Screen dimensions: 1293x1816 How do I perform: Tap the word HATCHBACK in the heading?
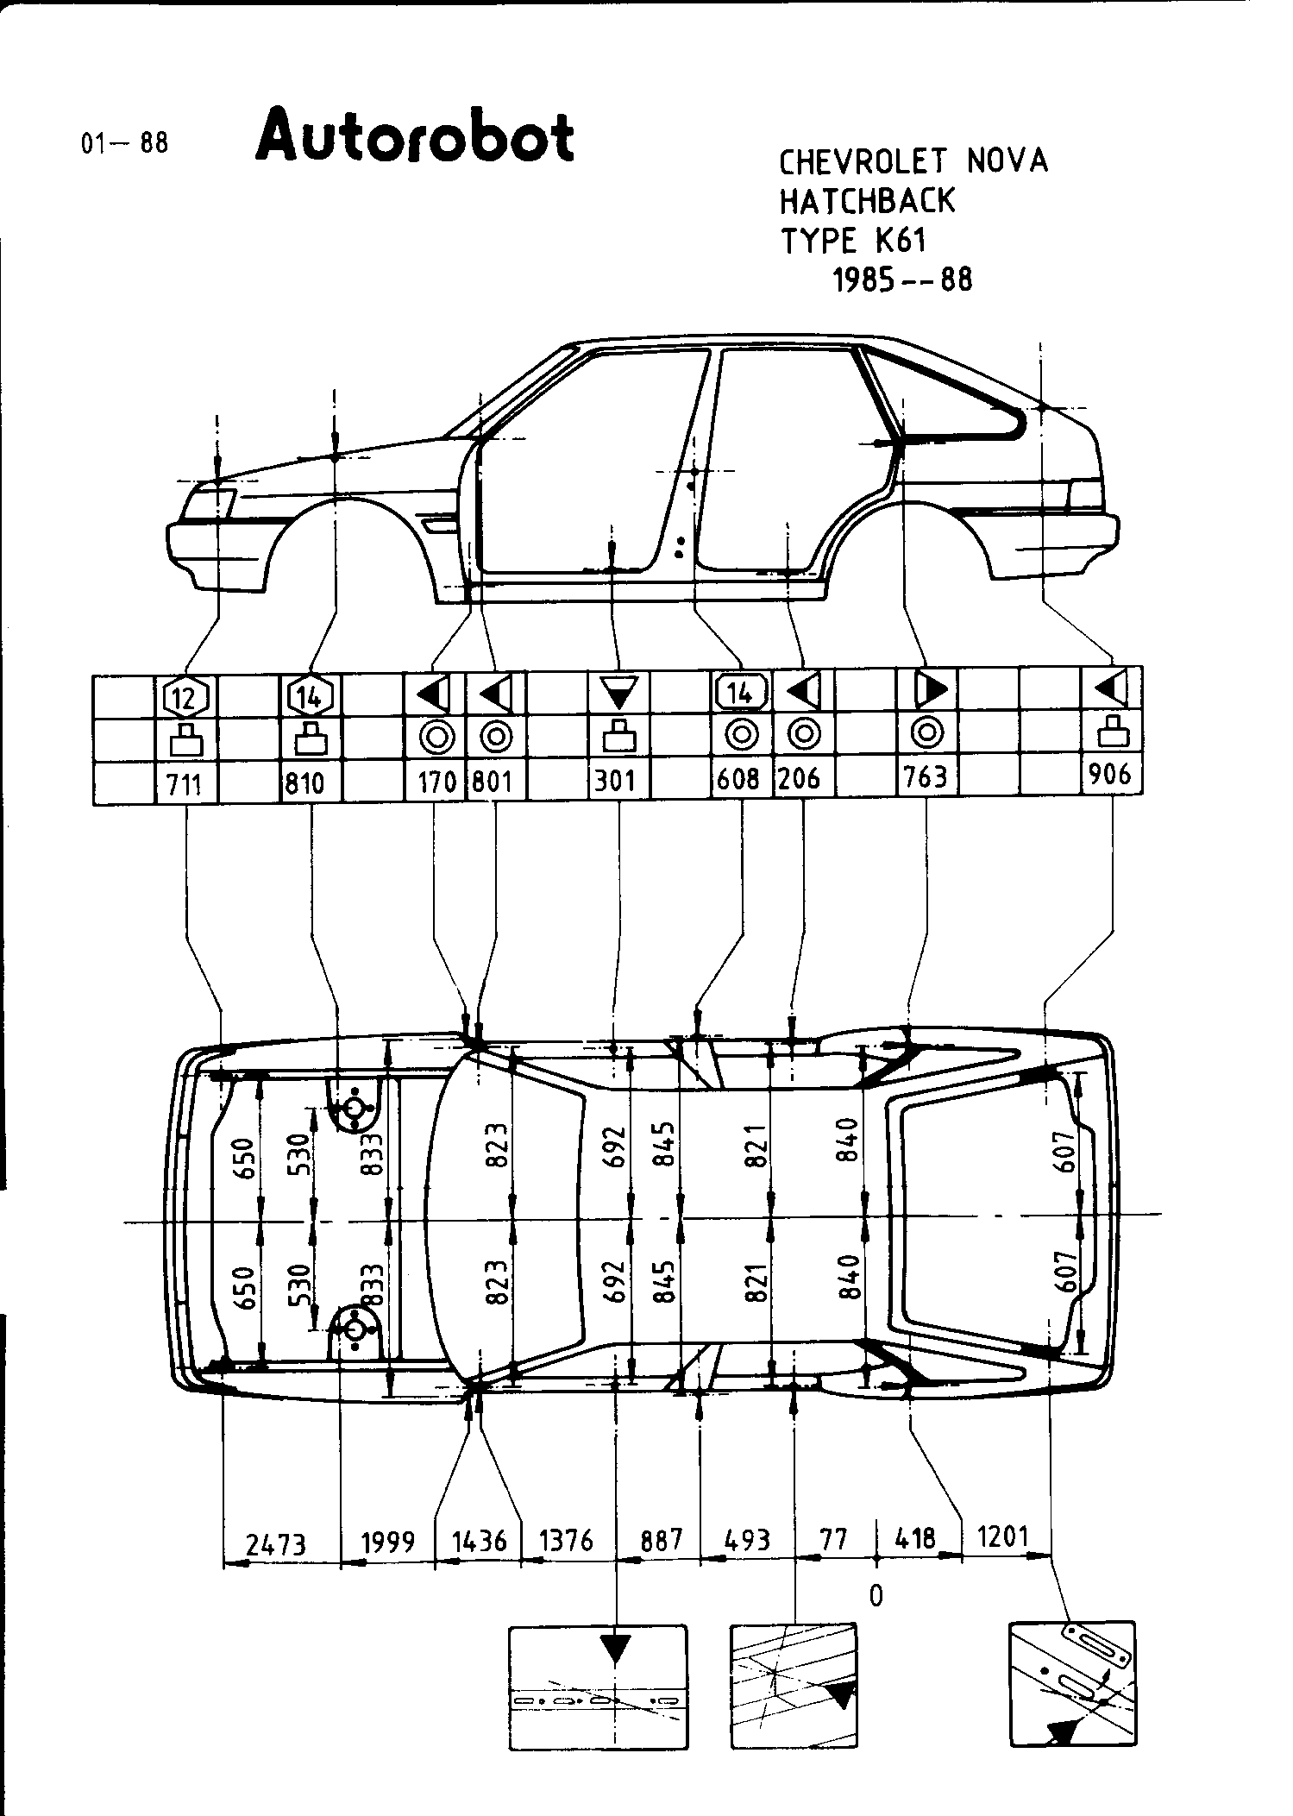(867, 201)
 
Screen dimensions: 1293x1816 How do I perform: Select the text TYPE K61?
(853, 241)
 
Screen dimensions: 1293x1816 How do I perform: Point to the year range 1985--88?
(901, 280)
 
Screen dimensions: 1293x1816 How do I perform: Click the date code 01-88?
(124, 142)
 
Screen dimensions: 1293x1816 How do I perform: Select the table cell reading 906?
(1110, 774)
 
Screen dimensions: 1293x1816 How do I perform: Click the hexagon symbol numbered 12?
(185, 696)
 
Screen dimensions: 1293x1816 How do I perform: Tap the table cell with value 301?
(615, 781)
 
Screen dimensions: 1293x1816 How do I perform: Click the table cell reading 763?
(926, 777)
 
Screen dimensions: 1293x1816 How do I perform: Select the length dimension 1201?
(1004, 1536)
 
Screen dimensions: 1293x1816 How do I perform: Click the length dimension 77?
(833, 1538)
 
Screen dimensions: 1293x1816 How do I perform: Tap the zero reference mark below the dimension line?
(876, 1596)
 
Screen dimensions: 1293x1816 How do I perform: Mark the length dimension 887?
(661, 1540)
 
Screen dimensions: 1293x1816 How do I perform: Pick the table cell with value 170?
(436, 782)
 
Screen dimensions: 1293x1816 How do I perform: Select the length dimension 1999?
(388, 1542)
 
